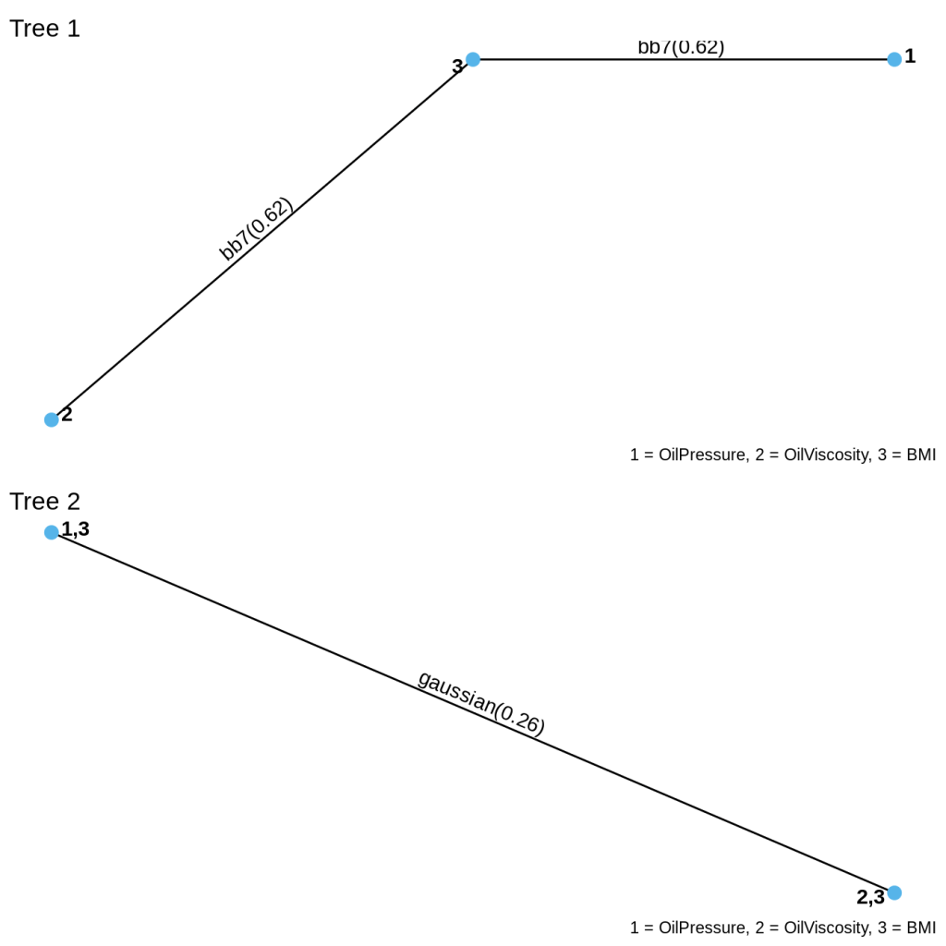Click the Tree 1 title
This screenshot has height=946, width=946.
(44, 29)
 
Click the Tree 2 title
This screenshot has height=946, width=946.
(44, 502)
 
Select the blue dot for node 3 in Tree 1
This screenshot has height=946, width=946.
(473, 60)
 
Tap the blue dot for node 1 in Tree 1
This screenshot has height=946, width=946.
(894, 60)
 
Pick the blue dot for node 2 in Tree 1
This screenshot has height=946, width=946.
(52, 419)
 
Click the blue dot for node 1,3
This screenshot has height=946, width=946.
(52, 532)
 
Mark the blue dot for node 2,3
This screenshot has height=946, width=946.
(894, 892)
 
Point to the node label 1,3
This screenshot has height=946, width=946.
(76, 529)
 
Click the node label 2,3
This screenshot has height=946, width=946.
(870, 897)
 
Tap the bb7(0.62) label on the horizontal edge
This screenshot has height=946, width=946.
(681, 47)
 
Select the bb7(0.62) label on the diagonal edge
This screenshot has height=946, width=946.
(256, 229)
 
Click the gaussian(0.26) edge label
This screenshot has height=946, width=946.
(481, 702)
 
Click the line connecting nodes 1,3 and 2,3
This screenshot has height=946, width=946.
(277, 628)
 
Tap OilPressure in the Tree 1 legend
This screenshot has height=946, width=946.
(696, 455)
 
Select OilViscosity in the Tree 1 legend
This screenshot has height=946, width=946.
(821, 455)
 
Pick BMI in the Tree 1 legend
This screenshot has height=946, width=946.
(921, 455)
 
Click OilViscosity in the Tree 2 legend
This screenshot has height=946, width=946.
(821, 928)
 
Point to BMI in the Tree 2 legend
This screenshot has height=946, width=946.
(921, 928)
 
